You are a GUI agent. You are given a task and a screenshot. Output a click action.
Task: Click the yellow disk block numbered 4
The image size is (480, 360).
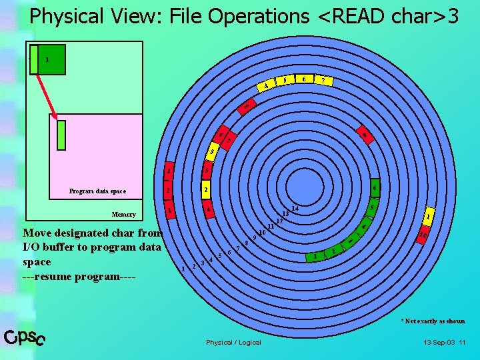click(x=266, y=86)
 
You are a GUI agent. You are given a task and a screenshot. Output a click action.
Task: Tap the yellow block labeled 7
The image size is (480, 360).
click(x=324, y=81)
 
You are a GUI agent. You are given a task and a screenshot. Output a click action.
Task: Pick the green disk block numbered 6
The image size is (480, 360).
click(x=375, y=188)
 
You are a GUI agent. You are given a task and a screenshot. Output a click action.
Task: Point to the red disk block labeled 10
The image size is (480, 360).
click(x=423, y=234)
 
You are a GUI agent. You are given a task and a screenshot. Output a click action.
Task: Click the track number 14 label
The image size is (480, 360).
click(x=295, y=209)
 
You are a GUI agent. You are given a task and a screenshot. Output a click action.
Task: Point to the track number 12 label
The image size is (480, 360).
click(x=279, y=220)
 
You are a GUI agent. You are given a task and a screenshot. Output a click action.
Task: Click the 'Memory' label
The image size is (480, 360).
click(x=123, y=215)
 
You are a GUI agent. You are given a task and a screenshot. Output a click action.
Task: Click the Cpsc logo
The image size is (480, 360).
click(x=25, y=338)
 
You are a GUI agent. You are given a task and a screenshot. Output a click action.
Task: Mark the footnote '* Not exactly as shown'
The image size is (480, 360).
click(x=433, y=321)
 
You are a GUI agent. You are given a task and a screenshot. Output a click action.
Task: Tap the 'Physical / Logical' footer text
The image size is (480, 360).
click(x=233, y=343)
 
